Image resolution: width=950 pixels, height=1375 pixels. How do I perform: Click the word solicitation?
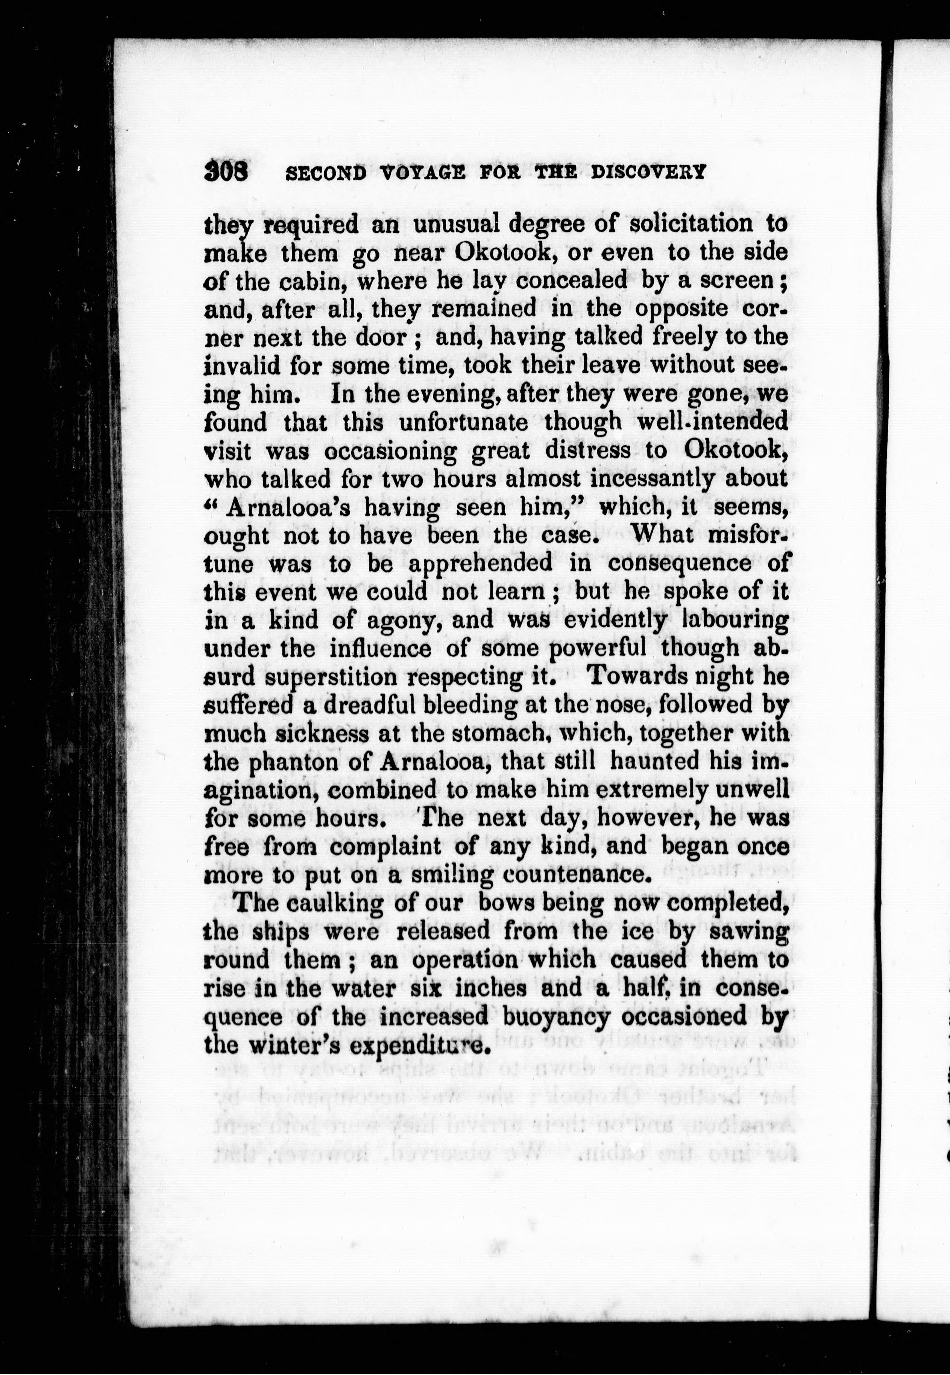tap(686, 225)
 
